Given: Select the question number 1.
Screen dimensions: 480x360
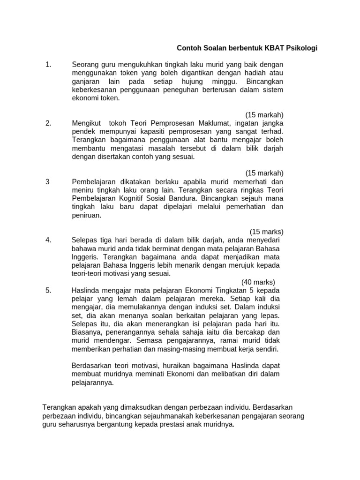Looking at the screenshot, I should (48, 65).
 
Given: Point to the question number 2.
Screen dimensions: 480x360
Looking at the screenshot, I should (48, 123).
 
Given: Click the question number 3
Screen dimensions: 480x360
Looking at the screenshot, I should (48, 182).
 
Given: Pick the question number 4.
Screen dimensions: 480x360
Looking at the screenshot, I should (48, 240).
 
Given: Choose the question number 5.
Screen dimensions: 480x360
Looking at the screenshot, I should (48, 290).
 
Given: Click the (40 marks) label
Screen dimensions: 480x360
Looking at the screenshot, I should (258, 282).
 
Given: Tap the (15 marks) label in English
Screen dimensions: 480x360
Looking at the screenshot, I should (266, 232).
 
